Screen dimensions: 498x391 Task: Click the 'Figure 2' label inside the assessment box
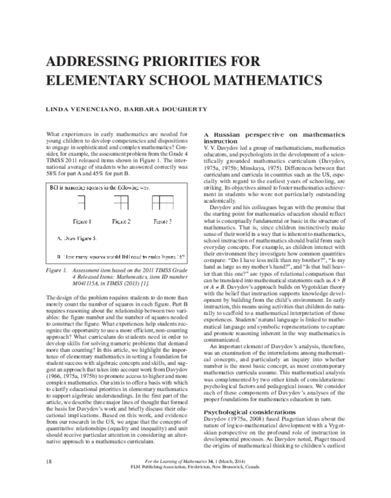coord(121,221)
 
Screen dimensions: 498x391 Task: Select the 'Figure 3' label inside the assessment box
coord(162,221)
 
